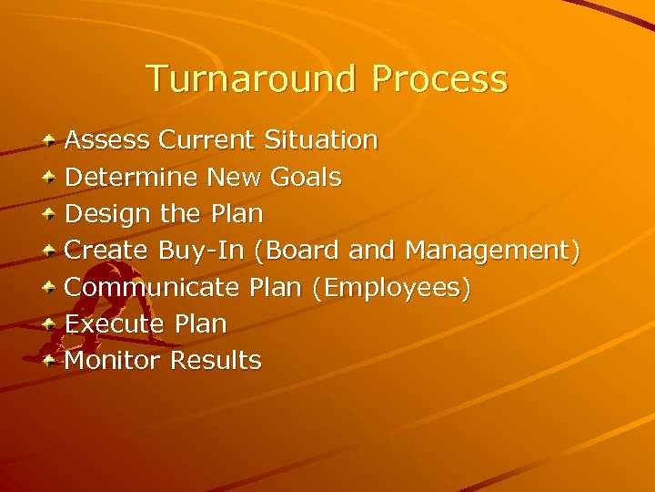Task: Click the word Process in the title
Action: [x=439, y=79]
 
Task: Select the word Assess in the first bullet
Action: [x=107, y=140]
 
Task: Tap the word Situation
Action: [x=321, y=140]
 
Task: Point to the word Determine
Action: [x=132, y=177]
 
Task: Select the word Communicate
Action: [x=152, y=287]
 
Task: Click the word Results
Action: [x=216, y=360]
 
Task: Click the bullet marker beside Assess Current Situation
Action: [x=52, y=141]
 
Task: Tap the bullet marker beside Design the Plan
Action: [x=52, y=215]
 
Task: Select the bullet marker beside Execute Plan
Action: [x=52, y=324]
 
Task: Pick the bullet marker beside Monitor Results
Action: [x=52, y=361]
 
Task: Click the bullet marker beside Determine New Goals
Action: [x=52, y=178]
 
